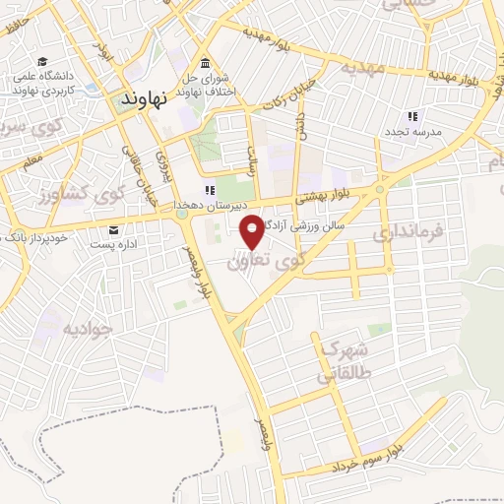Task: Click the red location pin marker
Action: (x=252, y=230)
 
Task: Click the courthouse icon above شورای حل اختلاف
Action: (x=205, y=60)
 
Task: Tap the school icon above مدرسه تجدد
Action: (x=412, y=116)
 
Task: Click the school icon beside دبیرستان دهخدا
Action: (x=209, y=190)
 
